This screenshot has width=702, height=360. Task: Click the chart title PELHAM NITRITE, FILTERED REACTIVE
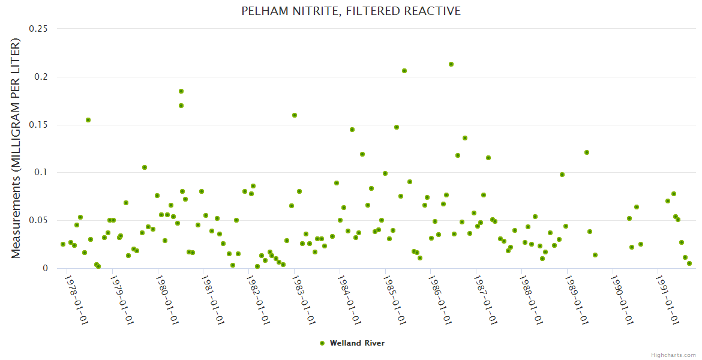tap(351, 11)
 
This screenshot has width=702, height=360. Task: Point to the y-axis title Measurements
tap(16, 148)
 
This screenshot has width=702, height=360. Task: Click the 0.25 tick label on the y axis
tap(39, 28)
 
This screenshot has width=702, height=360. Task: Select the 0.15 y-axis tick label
tap(39, 124)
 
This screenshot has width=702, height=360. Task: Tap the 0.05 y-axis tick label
tap(39, 220)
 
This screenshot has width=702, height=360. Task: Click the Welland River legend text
tap(357, 343)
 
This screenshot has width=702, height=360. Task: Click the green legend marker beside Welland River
tap(322, 343)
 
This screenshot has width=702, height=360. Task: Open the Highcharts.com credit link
tap(673, 355)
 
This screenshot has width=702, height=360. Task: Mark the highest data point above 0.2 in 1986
tap(451, 64)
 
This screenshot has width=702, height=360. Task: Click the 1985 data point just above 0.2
tap(404, 71)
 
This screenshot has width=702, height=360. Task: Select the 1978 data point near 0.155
tap(88, 120)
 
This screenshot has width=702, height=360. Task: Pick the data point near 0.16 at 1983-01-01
tap(295, 115)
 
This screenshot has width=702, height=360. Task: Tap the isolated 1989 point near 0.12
tap(587, 152)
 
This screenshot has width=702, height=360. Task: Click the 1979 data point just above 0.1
tap(145, 167)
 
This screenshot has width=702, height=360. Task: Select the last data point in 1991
tap(689, 263)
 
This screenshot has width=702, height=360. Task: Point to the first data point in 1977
tap(63, 244)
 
